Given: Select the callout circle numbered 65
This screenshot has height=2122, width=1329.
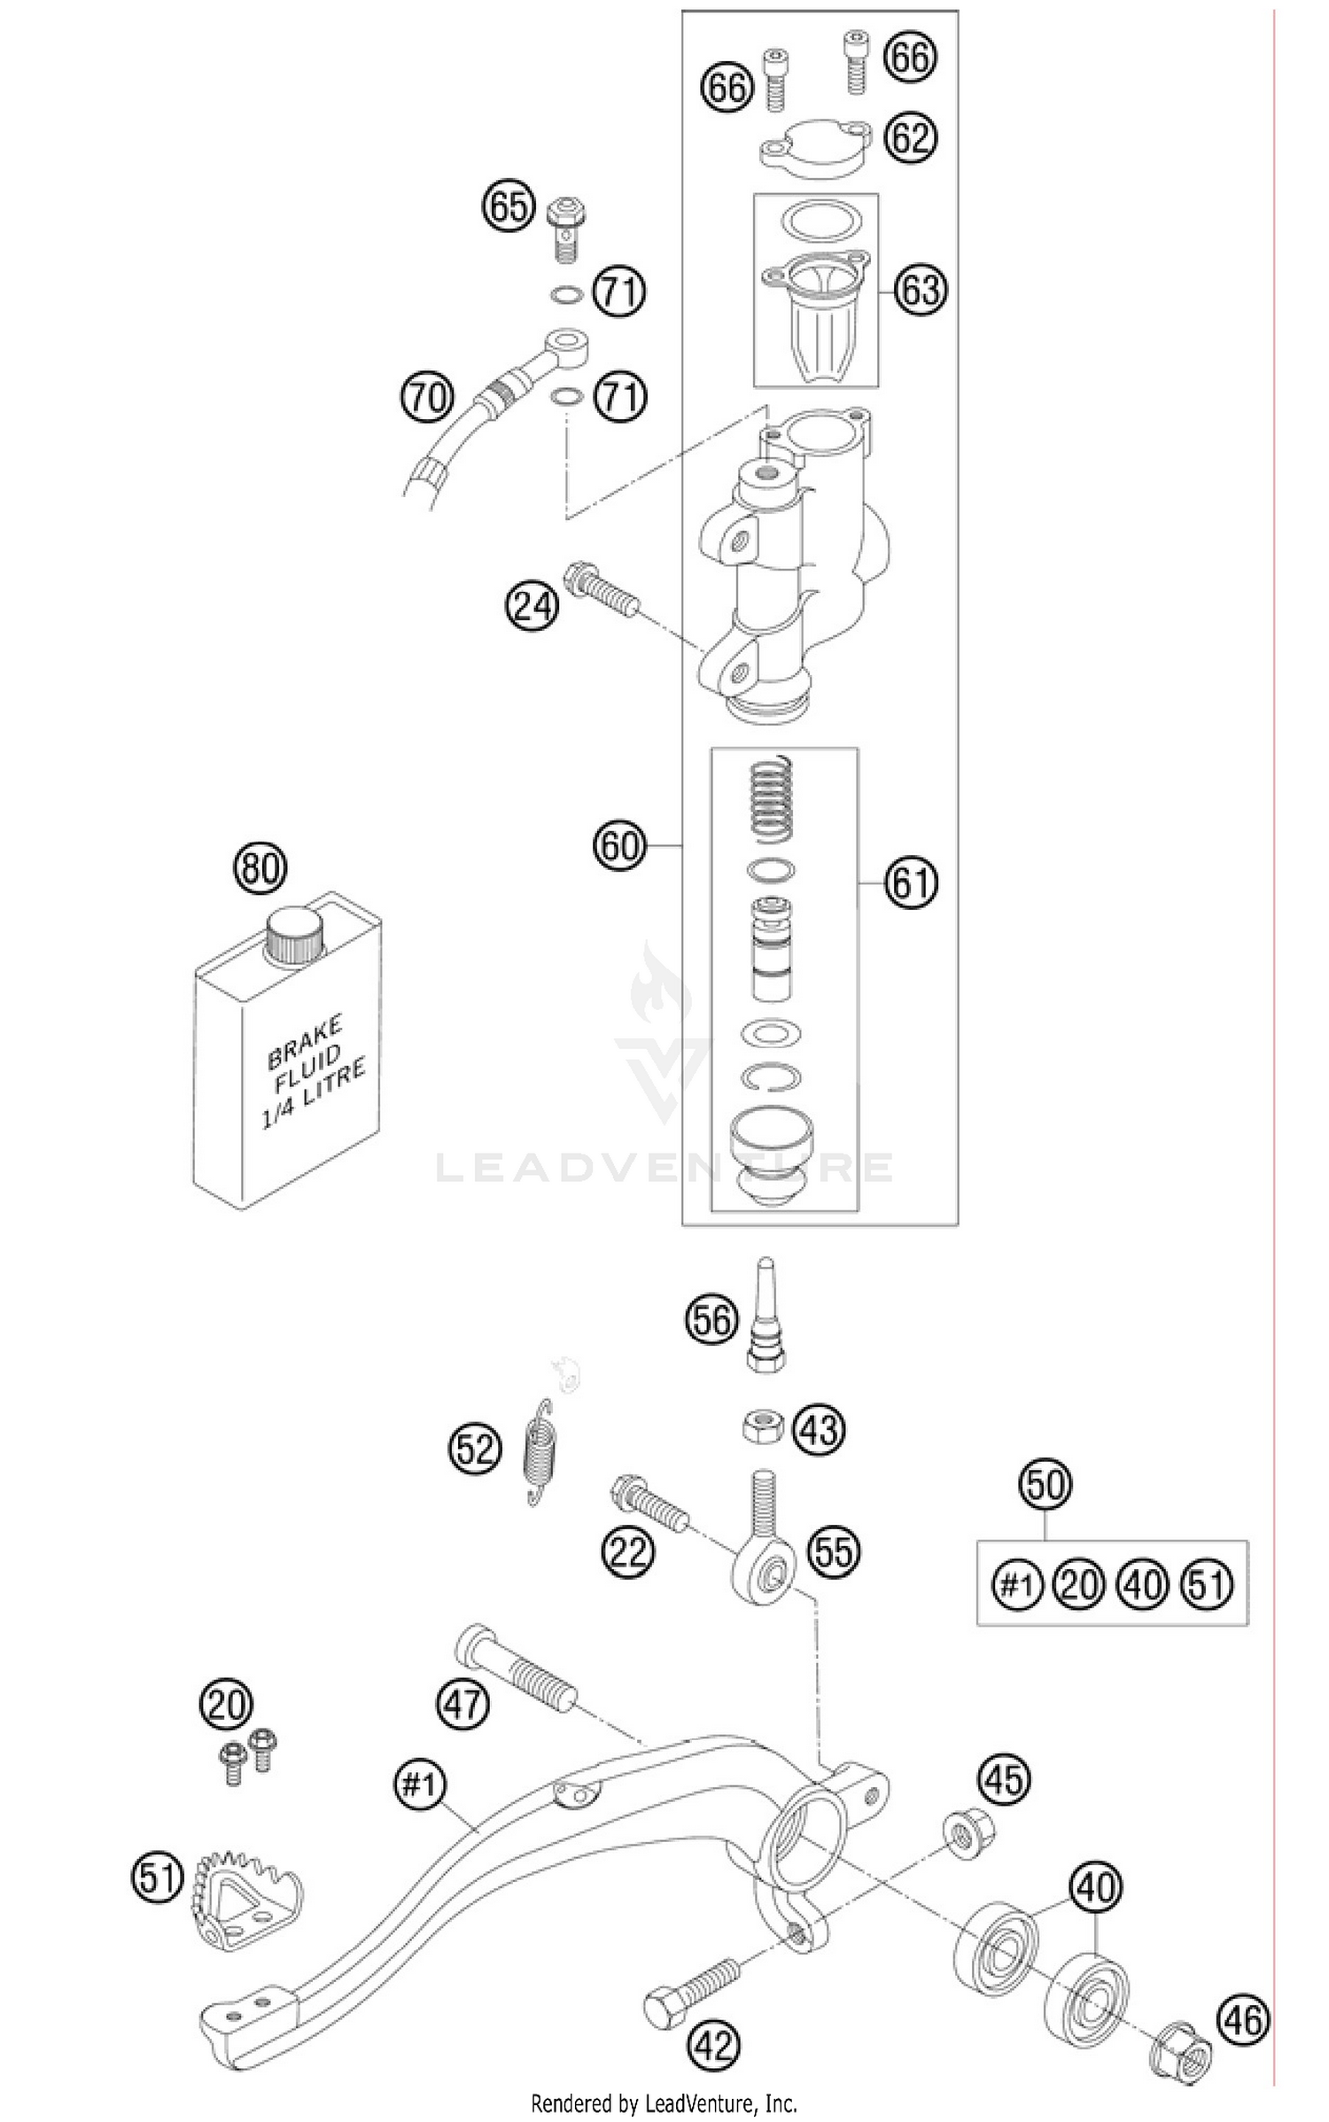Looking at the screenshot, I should pyautogui.click(x=509, y=206).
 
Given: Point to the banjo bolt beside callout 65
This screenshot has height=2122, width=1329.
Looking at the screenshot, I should pyautogui.click(x=566, y=227).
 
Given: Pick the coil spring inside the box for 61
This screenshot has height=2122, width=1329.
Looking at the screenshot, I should pyautogui.click(x=772, y=798).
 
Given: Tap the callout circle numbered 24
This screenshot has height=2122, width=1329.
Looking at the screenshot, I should pyautogui.click(x=532, y=607).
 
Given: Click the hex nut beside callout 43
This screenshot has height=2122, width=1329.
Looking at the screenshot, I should pyautogui.click(x=762, y=1427).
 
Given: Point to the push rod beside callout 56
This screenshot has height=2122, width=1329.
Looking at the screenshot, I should pyautogui.click(x=766, y=1315).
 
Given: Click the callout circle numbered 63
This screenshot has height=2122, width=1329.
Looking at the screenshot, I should pyautogui.click(x=920, y=289).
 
